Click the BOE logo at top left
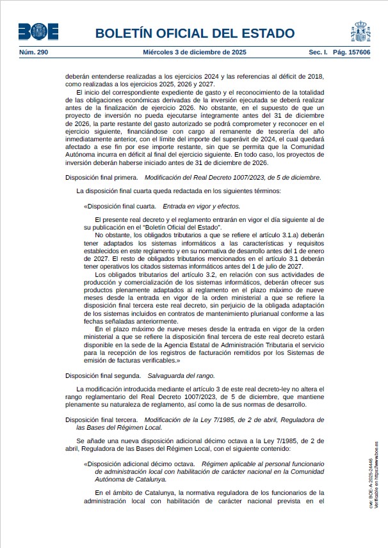pyautogui.click(x=39, y=31)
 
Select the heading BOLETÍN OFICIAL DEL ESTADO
pyautogui.click(x=195, y=33)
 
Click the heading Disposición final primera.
pyautogui.click(x=102, y=177)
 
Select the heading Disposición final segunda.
pyautogui.click(x=103, y=376)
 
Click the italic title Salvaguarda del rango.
pyautogui.click(x=181, y=376)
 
